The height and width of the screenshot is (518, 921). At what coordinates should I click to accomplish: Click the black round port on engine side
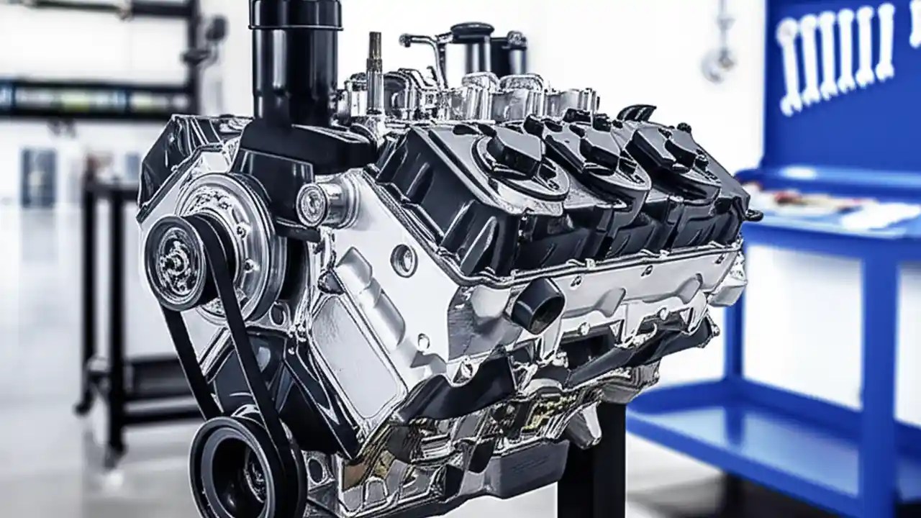click(x=537, y=306)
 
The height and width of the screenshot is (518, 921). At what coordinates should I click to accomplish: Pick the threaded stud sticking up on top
click(x=374, y=65)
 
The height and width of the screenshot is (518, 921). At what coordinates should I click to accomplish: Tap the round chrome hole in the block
click(x=404, y=260)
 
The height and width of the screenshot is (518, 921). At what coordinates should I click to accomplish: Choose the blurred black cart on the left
click(x=115, y=302)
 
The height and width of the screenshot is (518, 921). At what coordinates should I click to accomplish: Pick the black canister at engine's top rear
click(x=471, y=47)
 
